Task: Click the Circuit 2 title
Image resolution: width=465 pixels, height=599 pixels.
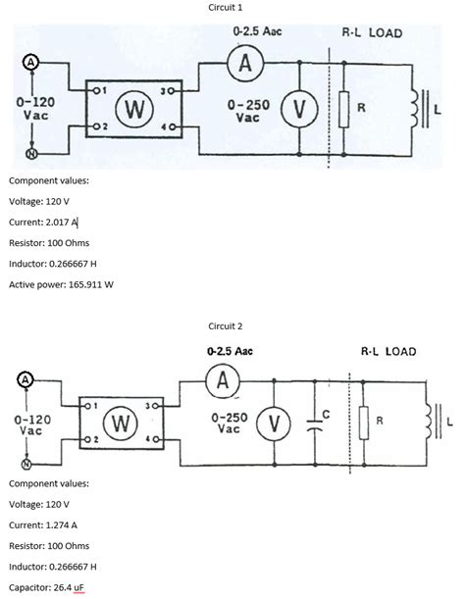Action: click(x=226, y=324)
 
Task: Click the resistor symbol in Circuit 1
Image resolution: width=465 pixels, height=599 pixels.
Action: click(x=344, y=110)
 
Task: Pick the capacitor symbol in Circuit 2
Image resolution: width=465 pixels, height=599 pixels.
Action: click(x=314, y=424)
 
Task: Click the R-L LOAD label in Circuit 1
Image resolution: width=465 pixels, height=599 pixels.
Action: click(x=372, y=32)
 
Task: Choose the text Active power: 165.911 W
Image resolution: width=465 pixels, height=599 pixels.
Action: click(x=61, y=284)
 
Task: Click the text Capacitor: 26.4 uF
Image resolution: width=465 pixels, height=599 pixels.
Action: click(x=49, y=587)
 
